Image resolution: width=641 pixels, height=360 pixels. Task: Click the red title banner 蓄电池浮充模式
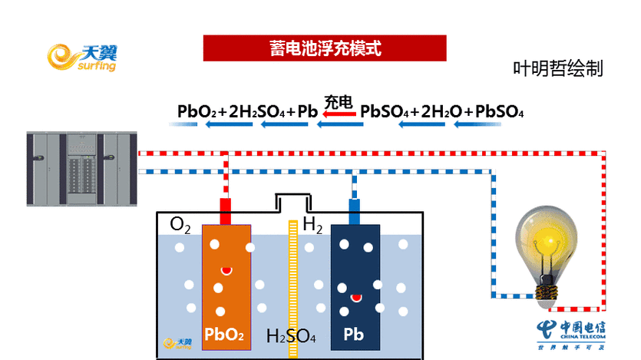[x=325, y=48]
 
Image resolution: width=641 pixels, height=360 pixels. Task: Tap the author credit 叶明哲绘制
[x=558, y=68]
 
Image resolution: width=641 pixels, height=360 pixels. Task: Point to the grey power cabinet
[x=81, y=167]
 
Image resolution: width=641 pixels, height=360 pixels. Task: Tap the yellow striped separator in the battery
[x=292, y=288]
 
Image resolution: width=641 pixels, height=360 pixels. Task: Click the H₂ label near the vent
[x=312, y=225]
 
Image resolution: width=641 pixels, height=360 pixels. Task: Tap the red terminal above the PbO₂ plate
[x=226, y=210]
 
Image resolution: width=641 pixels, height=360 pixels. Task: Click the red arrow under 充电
[x=339, y=114]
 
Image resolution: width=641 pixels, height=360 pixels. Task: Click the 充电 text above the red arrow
[x=338, y=101]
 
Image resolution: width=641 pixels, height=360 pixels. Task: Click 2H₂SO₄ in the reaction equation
[x=256, y=112]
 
